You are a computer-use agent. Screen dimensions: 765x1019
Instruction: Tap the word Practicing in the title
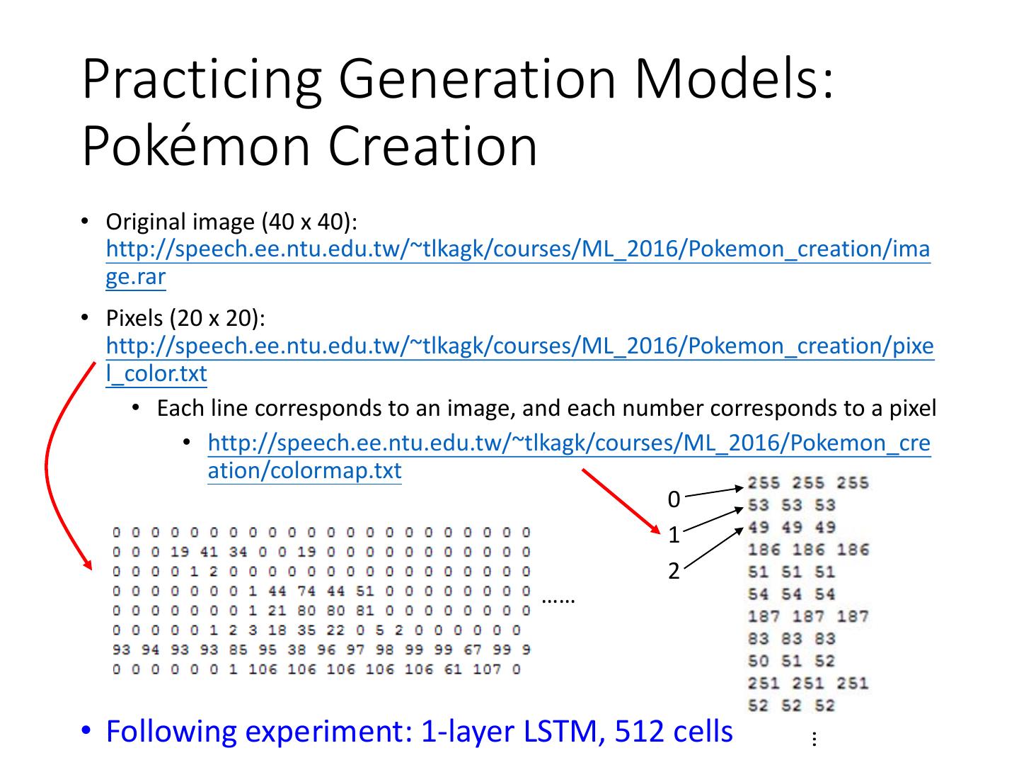[202, 79]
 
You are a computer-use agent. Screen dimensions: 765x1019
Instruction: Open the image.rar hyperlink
[517, 249]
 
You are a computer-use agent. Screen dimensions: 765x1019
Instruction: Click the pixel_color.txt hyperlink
[519, 346]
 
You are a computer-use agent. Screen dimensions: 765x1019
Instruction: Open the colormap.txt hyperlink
[569, 443]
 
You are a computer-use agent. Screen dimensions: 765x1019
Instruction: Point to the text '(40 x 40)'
[309, 222]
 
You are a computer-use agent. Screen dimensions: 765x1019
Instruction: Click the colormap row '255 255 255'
[808, 483]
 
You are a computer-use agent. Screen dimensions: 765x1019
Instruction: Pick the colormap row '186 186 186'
[808, 550]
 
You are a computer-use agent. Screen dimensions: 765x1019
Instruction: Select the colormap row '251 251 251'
[808, 684]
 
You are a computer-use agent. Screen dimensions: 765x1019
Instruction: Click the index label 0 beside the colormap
[674, 499]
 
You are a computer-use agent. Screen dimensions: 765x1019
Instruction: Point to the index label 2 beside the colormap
[674, 571]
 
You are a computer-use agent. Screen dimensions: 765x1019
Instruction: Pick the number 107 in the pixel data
[486, 669]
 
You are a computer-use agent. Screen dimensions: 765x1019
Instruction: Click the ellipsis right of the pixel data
[558, 599]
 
